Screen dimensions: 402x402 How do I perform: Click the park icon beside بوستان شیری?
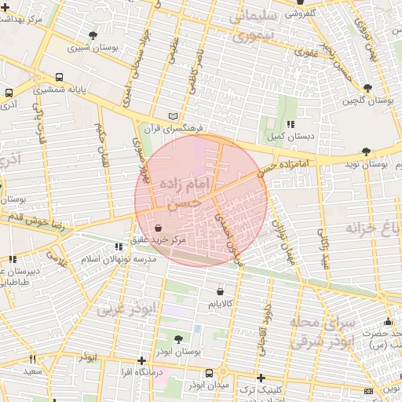click(x=94, y=35)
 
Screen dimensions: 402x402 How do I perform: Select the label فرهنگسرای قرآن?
click(x=179, y=128)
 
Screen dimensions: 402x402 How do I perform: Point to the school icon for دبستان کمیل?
click(x=291, y=124)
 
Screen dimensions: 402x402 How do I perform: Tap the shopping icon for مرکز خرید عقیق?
click(x=159, y=228)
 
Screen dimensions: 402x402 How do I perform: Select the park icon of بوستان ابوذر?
click(x=178, y=339)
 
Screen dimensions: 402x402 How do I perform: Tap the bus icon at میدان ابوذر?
click(x=209, y=373)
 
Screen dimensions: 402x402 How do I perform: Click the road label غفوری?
click(x=306, y=53)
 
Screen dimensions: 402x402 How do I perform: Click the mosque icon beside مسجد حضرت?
click(x=388, y=321)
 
